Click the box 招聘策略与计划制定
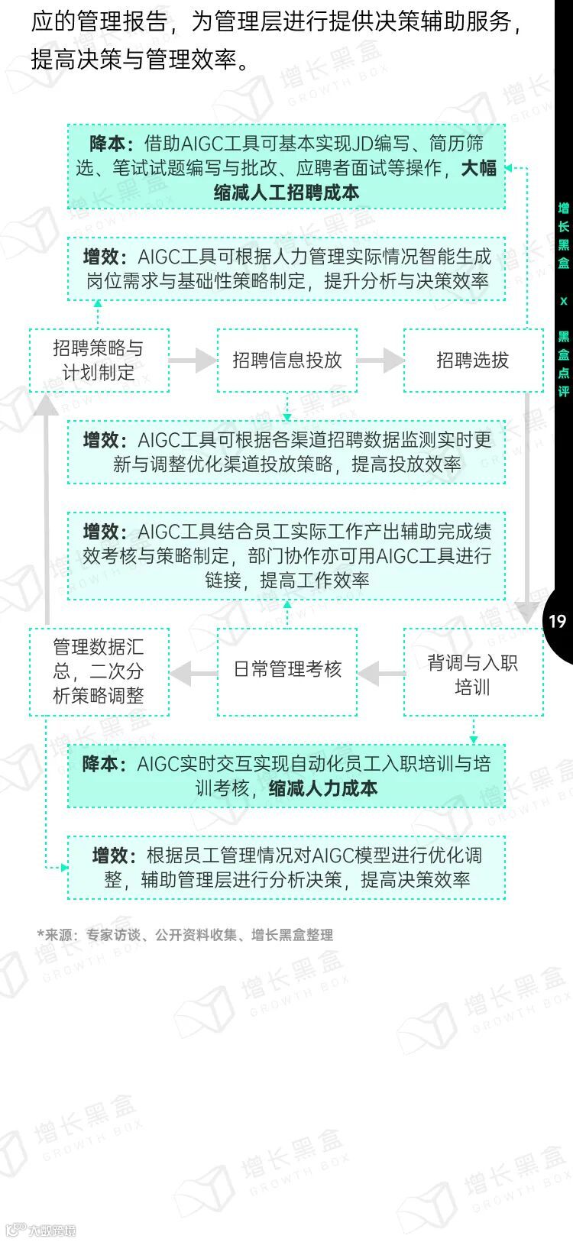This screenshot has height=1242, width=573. click(99, 361)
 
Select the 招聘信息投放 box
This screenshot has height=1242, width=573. click(286, 361)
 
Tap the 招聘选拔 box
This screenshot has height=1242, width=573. click(472, 361)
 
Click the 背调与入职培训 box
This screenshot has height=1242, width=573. click(472, 673)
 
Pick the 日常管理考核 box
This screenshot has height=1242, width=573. click(286, 670)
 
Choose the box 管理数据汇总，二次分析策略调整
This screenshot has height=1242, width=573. click(99, 671)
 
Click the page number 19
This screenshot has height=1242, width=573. click(557, 621)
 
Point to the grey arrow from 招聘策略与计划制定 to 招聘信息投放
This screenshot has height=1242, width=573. click(193, 360)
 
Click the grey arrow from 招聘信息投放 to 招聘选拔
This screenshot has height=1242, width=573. click(380, 360)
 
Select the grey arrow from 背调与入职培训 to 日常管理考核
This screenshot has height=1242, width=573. click(380, 673)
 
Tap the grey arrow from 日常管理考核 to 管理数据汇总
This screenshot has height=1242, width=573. click(193, 673)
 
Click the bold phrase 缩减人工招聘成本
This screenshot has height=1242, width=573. click(286, 192)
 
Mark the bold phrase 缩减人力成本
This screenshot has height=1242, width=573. click(323, 788)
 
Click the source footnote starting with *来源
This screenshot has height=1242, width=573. click(185, 935)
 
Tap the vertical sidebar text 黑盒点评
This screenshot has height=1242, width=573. click(564, 364)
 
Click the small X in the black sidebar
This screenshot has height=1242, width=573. click(564, 301)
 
